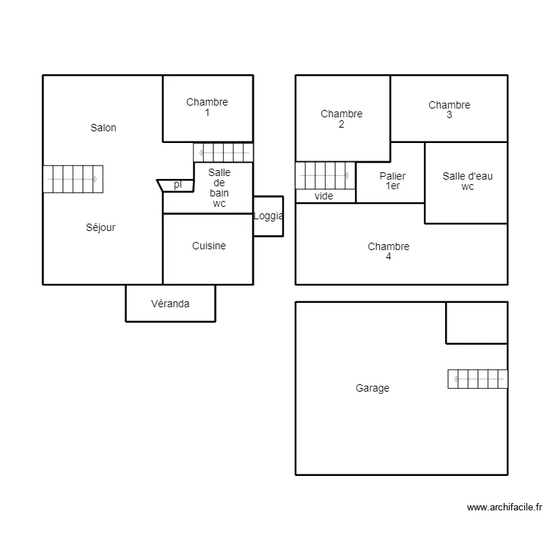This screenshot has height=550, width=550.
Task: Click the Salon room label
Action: point(103,128)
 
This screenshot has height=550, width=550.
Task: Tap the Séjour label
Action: point(100,227)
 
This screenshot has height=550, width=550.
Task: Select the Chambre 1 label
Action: point(207,108)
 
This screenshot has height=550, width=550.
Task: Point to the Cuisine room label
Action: point(209,246)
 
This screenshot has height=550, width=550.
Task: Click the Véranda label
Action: point(170,304)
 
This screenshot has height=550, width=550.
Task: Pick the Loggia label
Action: point(268,216)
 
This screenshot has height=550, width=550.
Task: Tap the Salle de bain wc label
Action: point(219,188)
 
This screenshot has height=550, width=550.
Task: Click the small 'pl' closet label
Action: point(177,185)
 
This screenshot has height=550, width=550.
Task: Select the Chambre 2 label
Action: point(342,119)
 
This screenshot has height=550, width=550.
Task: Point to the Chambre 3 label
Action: point(450,110)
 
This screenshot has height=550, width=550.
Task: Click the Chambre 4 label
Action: point(389,252)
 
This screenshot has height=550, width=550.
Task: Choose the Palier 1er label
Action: point(392,181)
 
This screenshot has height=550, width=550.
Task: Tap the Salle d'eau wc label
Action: point(468,181)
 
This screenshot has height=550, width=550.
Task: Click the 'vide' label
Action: point(323,196)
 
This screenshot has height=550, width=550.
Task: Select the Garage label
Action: point(373,389)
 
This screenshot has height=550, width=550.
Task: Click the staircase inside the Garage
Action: point(477,379)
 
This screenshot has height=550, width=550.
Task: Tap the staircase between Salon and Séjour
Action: point(73,179)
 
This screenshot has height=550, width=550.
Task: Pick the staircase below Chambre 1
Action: point(223,152)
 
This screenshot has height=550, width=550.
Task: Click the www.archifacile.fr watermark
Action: point(504,507)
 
